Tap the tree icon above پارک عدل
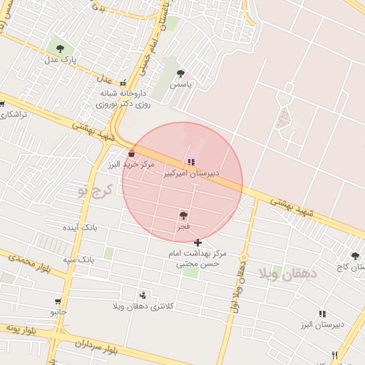[59, 50]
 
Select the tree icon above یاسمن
[180, 73]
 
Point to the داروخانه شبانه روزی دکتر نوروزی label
[123, 98]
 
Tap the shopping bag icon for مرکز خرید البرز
[131, 153]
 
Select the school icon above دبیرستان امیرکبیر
[190, 161]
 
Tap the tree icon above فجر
[184, 215]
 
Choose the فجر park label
[184, 226]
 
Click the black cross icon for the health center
[197, 243]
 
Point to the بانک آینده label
[79, 227]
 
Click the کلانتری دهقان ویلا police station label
[143, 306]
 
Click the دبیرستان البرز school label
[322, 324]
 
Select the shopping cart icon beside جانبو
[57, 302]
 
